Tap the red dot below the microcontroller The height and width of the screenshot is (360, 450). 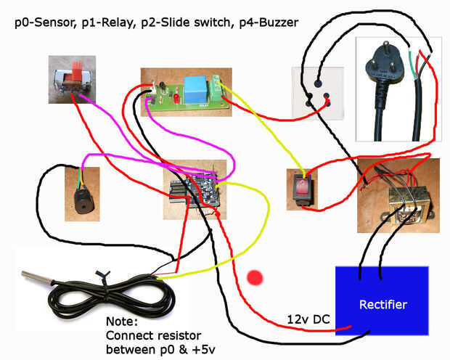coord(255,277)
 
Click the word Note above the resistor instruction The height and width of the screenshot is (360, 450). coord(120,322)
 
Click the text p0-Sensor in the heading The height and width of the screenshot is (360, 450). coord(42,23)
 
